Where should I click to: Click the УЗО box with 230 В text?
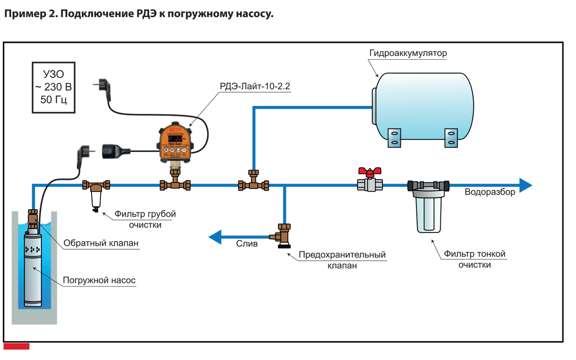(54, 87)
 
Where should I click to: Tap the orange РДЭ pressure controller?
(175, 142)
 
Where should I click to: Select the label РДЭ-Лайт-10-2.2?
(255, 86)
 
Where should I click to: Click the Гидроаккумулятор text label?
(408, 53)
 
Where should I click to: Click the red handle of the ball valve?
(370, 172)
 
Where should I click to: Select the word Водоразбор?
(490, 192)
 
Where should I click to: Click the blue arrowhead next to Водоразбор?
(525, 185)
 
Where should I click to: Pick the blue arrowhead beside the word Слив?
(215, 237)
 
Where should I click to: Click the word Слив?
(247, 244)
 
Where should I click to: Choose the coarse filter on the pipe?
(96, 195)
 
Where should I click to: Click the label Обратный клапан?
(101, 243)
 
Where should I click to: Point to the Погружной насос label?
(99, 280)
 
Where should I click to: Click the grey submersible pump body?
(33, 272)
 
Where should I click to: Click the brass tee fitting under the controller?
(175, 183)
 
